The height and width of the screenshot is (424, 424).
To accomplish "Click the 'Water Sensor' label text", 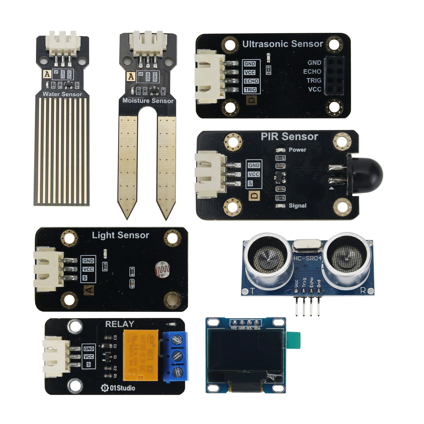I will pyautogui.click(x=62, y=94).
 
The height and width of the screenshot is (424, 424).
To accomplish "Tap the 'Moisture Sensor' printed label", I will pyautogui.click(x=148, y=101).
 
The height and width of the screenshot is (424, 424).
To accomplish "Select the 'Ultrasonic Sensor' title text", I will pyautogui.click(x=282, y=44).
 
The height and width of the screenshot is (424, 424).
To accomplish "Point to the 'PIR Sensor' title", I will pyautogui.click(x=289, y=136).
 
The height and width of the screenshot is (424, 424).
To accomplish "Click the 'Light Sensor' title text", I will pyautogui.click(x=120, y=235).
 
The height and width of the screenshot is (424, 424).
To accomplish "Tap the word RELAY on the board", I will pyautogui.click(x=120, y=324).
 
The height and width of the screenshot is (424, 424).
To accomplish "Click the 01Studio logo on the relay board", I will pyautogui.click(x=118, y=388).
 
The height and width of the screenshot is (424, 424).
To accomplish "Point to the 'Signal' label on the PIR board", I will pyautogui.click(x=297, y=206).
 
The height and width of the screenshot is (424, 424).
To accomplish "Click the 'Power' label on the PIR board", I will pyautogui.click(x=297, y=150).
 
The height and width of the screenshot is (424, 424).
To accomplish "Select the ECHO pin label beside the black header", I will pyautogui.click(x=312, y=72).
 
